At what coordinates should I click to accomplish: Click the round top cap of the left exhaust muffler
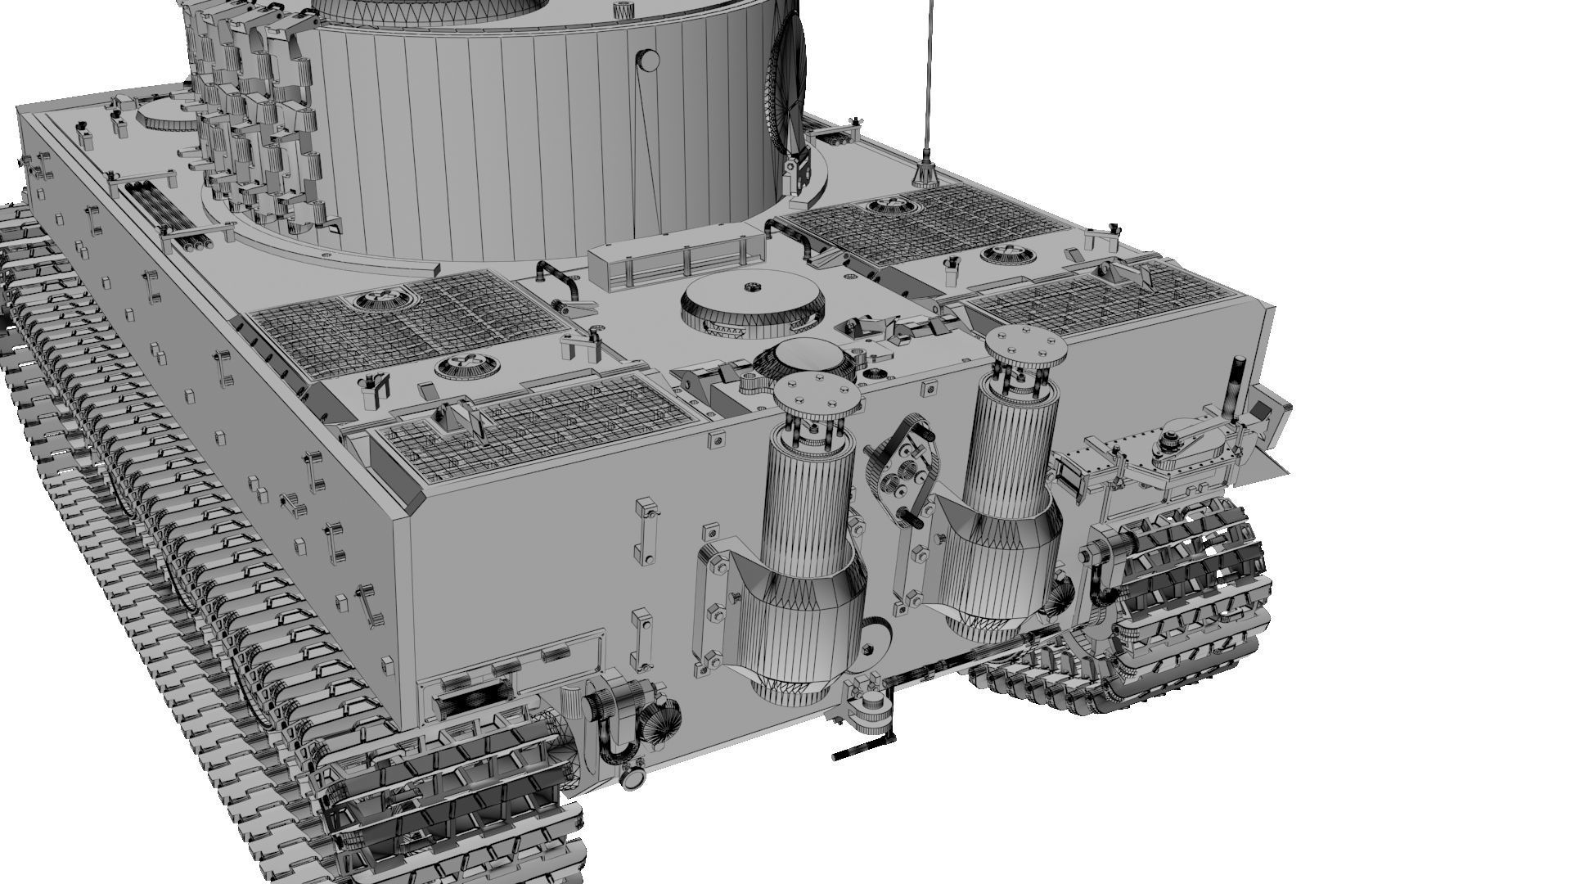point(817,395)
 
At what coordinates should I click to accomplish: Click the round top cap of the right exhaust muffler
point(1026,345)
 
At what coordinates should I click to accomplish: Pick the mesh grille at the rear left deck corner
point(532,422)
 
